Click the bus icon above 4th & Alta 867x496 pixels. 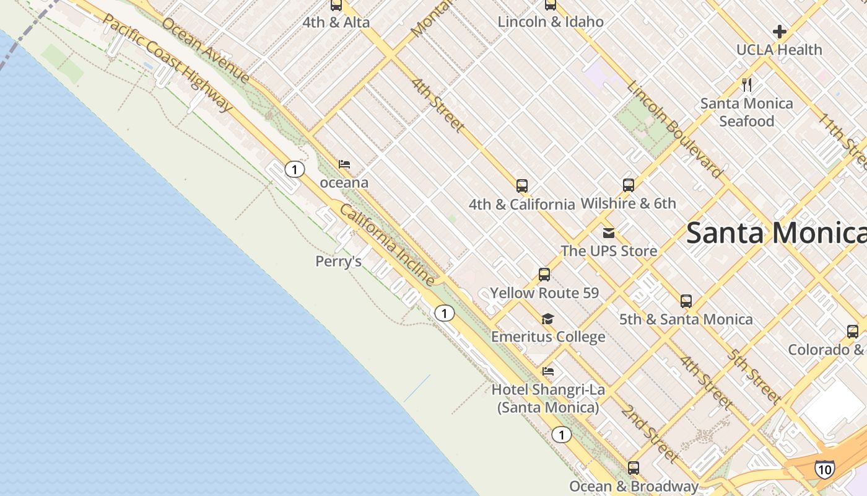[336, 6]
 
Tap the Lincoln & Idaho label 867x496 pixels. [551, 22]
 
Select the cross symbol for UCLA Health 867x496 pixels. [779, 32]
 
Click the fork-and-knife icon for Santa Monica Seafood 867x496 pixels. [747, 85]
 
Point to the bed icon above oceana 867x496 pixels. [344, 165]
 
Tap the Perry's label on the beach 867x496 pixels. [339, 262]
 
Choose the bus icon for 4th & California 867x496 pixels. [521, 186]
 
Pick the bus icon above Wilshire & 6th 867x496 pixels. [628, 185]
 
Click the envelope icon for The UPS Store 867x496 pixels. [609, 233]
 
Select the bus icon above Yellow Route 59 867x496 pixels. [544, 275]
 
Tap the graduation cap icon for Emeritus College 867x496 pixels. [547, 319]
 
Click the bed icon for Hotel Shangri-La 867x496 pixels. [548, 372]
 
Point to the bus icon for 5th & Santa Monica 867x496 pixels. [686, 301]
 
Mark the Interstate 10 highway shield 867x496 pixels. [824, 469]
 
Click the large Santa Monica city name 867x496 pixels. [777, 233]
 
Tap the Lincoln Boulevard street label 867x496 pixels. [674, 129]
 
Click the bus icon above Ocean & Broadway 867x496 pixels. [633, 468]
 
